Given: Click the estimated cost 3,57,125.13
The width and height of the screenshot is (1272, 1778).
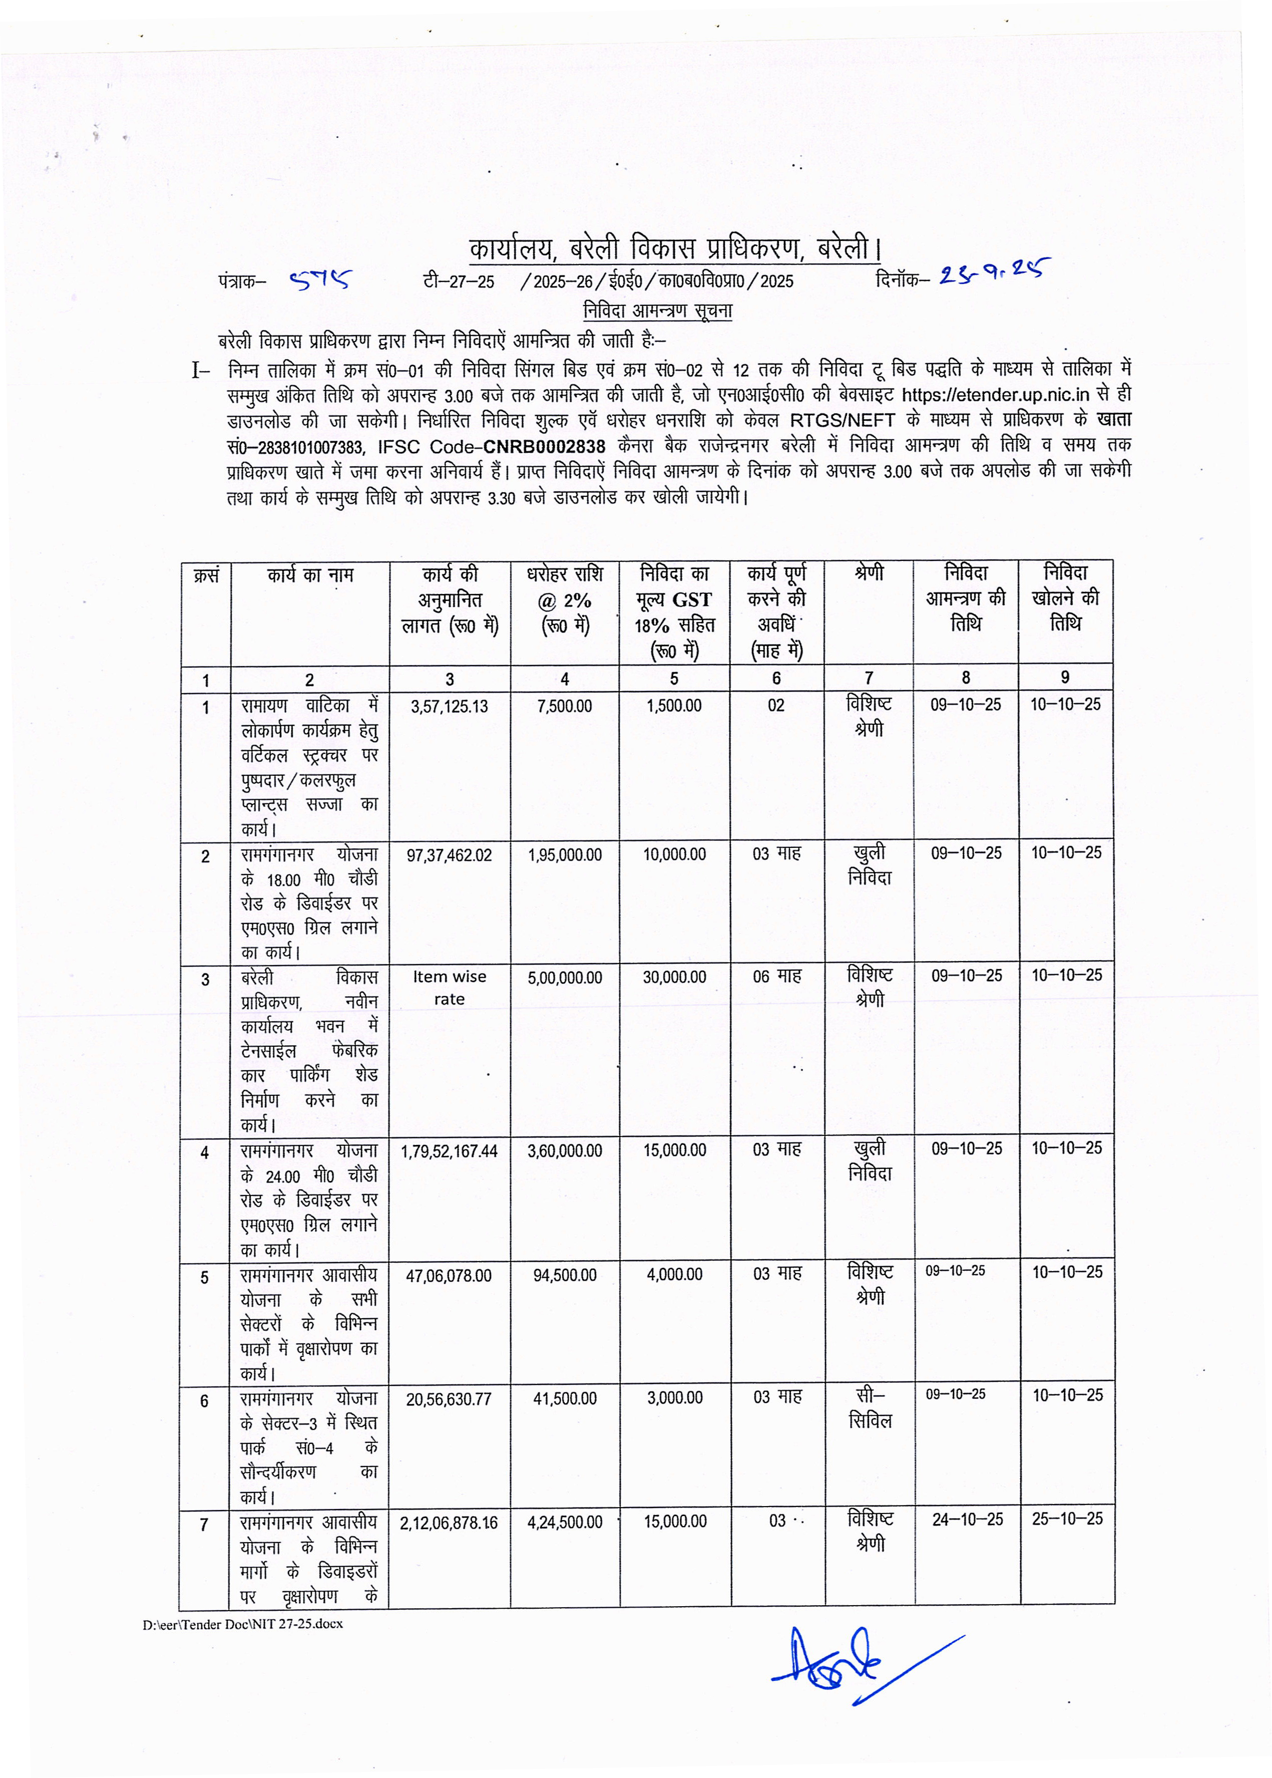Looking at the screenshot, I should (449, 707).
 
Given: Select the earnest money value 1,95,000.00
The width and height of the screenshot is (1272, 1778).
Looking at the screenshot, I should (565, 855).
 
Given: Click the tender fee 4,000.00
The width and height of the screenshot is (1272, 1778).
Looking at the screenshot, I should (674, 1275).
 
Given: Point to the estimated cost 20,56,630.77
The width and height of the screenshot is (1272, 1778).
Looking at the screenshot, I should (449, 1399).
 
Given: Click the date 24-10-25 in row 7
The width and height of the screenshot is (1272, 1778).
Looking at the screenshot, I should (967, 1520).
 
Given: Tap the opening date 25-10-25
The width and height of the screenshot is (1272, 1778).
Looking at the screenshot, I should (1067, 1520).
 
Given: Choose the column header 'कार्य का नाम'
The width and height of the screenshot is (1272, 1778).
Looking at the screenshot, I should (310, 575).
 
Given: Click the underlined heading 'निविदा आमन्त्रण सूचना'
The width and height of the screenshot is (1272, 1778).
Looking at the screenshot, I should (658, 311).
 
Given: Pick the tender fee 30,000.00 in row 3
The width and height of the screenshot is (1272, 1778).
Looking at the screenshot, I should (674, 978).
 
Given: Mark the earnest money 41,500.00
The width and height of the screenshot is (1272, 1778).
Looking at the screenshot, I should (565, 1399).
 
